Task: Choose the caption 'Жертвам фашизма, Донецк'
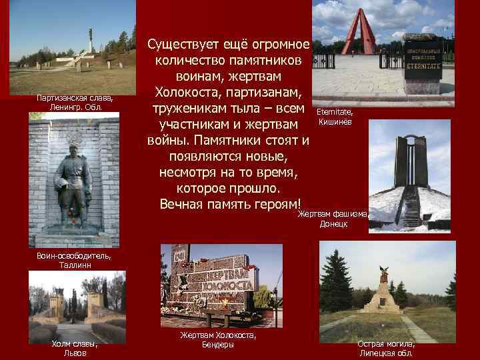[x=333, y=219]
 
